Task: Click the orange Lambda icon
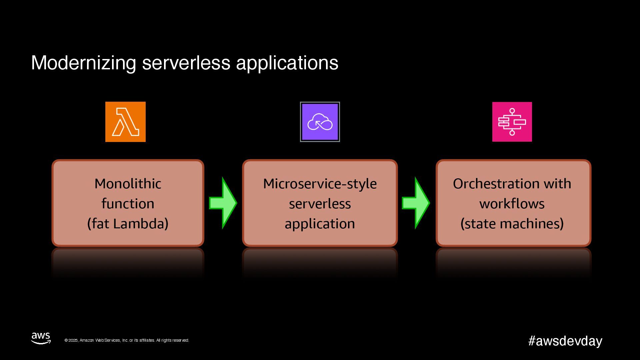pos(125,122)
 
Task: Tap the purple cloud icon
pos(320,122)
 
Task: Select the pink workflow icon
pos(512,122)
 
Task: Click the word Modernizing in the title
pos(83,63)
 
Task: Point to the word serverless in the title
pos(186,63)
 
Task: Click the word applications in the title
pos(287,63)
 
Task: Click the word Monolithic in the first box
pos(128,184)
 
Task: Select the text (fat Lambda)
pos(128,224)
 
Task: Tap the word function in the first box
pos(128,204)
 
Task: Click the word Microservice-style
pos(320,184)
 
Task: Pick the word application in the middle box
pos(320,224)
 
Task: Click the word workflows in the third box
pos(512,204)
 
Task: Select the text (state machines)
pos(512,224)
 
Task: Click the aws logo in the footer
pos(41,338)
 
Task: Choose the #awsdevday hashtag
pos(565,341)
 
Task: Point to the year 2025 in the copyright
pos(73,340)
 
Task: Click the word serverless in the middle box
pos(320,204)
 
